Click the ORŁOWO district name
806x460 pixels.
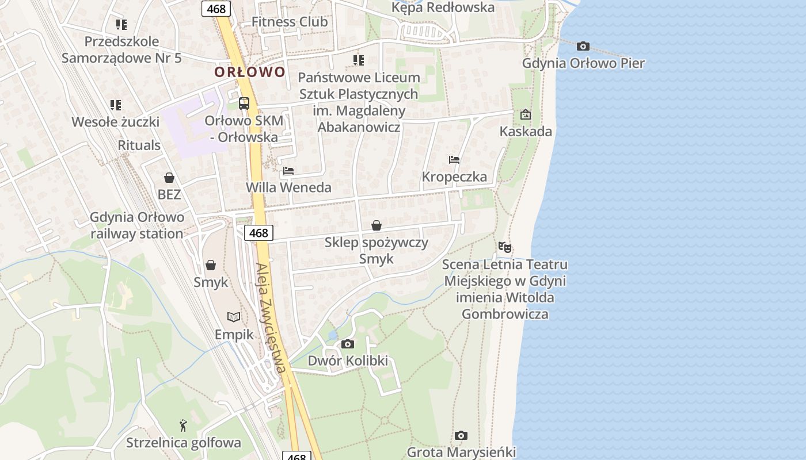(x=250, y=72)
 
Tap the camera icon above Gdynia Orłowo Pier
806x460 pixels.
(x=583, y=46)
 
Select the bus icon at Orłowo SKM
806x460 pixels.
(x=244, y=103)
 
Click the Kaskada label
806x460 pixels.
(x=526, y=131)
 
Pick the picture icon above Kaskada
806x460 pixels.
(x=525, y=114)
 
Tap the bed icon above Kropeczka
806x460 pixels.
(x=454, y=160)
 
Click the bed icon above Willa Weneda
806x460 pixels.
(x=288, y=171)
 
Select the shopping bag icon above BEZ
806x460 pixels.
(x=169, y=178)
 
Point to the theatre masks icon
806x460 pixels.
(x=505, y=247)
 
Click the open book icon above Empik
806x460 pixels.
(x=234, y=317)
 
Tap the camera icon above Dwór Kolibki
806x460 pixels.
(x=348, y=344)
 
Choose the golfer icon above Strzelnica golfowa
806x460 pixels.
(x=183, y=425)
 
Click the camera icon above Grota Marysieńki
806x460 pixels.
(x=461, y=435)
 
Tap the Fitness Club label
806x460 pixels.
(x=290, y=22)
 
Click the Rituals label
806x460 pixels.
(x=139, y=145)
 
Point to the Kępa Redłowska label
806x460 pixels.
(x=443, y=7)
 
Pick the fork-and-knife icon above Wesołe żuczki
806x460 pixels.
(x=116, y=105)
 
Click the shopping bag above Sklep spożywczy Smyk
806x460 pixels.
(x=377, y=225)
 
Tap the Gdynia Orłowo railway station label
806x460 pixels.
(x=137, y=225)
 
